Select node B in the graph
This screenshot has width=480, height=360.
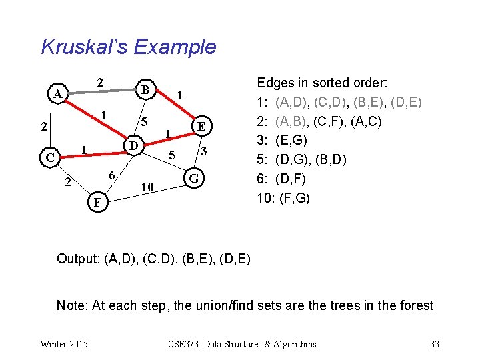pyautogui.click(x=144, y=89)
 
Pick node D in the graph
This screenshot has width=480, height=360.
pyautogui.click(x=133, y=145)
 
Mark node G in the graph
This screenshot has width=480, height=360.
pyautogui.click(x=194, y=179)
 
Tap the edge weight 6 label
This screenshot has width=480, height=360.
pyautogui.click(x=113, y=175)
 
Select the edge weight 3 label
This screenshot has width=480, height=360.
pyautogui.click(x=206, y=152)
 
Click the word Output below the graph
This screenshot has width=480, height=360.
pyautogui.click(x=78, y=258)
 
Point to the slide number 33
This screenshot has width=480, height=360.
pyautogui.click(x=435, y=344)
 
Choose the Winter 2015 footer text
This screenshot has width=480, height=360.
pyautogui.click(x=64, y=344)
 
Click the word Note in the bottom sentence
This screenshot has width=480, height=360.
pyautogui.click(x=70, y=305)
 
